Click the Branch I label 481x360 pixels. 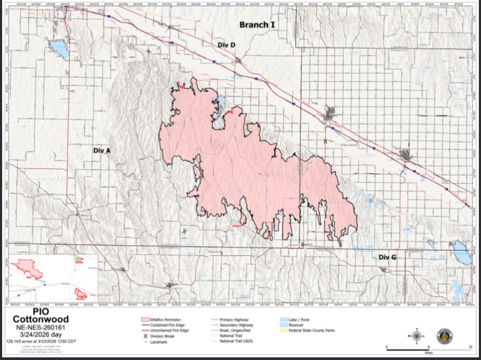(256, 25)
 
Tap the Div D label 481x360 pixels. (226, 45)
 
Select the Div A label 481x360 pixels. (102, 150)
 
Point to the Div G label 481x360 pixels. (387, 257)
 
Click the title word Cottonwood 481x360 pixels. (41, 319)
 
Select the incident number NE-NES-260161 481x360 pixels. (41, 327)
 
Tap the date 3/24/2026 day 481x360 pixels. (41, 334)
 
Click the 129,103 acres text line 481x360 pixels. (41, 341)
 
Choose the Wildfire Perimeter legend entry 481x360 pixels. (165, 320)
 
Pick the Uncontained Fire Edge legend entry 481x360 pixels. (169, 330)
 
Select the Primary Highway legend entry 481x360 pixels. (234, 320)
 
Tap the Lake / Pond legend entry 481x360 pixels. (299, 320)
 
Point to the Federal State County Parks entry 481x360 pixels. (311, 330)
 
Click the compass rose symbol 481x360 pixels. (417, 335)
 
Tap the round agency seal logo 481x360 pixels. (444, 336)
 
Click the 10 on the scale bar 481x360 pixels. (470, 347)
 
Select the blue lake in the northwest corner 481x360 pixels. (59, 49)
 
